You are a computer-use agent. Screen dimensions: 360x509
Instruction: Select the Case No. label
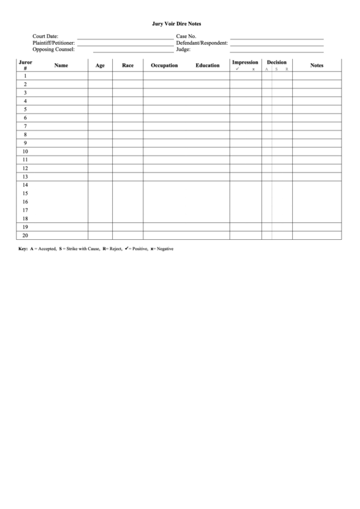tap(186, 36)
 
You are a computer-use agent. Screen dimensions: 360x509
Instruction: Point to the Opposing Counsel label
tap(54, 49)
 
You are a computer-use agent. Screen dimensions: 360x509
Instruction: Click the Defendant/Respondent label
tap(202, 43)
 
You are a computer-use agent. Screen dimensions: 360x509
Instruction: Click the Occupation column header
tap(164, 65)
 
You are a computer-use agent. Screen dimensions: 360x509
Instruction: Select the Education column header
tap(207, 65)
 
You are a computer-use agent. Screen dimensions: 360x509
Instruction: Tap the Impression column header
tap(245, 63)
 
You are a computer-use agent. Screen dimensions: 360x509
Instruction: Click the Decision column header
tap(276, 63)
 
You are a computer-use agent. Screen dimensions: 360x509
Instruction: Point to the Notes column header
tap(317, 65)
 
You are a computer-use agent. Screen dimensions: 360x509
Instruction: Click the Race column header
tap(128, 65)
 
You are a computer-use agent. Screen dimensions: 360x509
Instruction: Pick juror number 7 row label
tap(25, 126)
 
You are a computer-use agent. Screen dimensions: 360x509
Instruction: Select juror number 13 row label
tap(25, 177)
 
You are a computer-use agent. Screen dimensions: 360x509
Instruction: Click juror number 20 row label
tap(25, 235)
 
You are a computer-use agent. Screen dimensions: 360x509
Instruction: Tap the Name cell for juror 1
tap(61, 75)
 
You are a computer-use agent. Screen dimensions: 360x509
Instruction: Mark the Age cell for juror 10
tap(100, 152)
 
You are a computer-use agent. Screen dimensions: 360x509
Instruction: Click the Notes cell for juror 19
tap(317, 227)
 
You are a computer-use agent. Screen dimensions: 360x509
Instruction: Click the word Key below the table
tap(22, 249)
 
